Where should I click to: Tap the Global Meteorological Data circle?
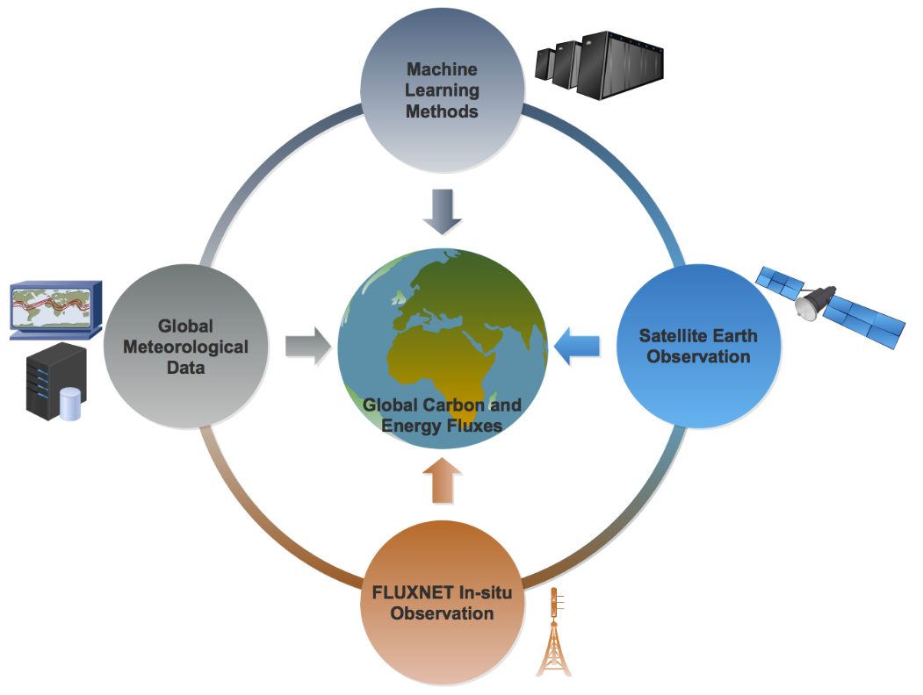click(185, 346)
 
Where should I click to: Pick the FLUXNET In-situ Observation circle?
click(442, 602)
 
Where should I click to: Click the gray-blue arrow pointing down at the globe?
click(443, 214)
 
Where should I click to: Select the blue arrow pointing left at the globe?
click(579, 345)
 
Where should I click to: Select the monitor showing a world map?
click(55, 310)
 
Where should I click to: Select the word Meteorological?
click(185, 347)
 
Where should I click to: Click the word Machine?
click(442, 69)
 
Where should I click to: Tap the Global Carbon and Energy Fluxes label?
click(443, 415)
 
